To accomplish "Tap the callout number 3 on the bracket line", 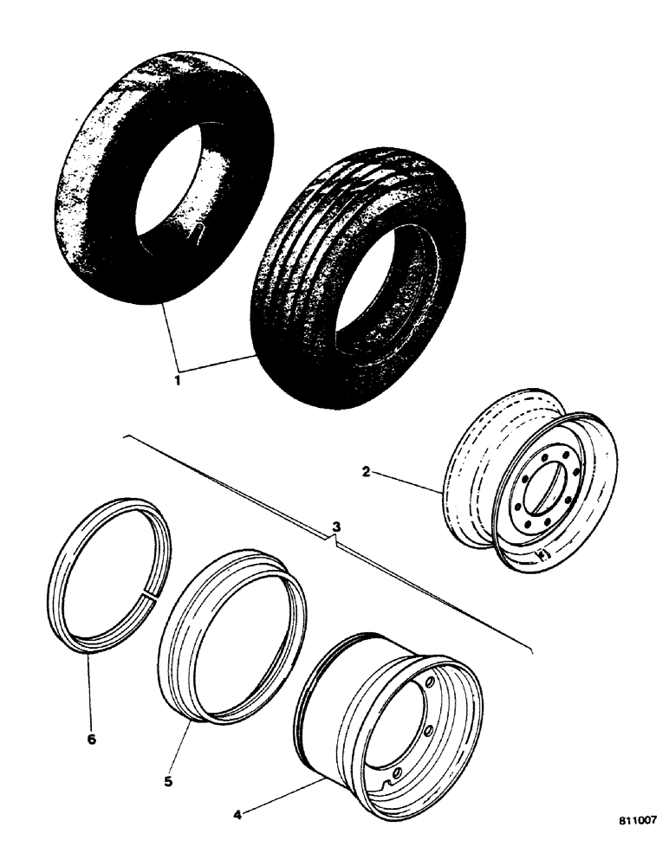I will pos(336,527).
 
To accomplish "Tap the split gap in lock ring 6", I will pos(152,596).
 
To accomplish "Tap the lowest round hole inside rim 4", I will pos(396,772).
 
